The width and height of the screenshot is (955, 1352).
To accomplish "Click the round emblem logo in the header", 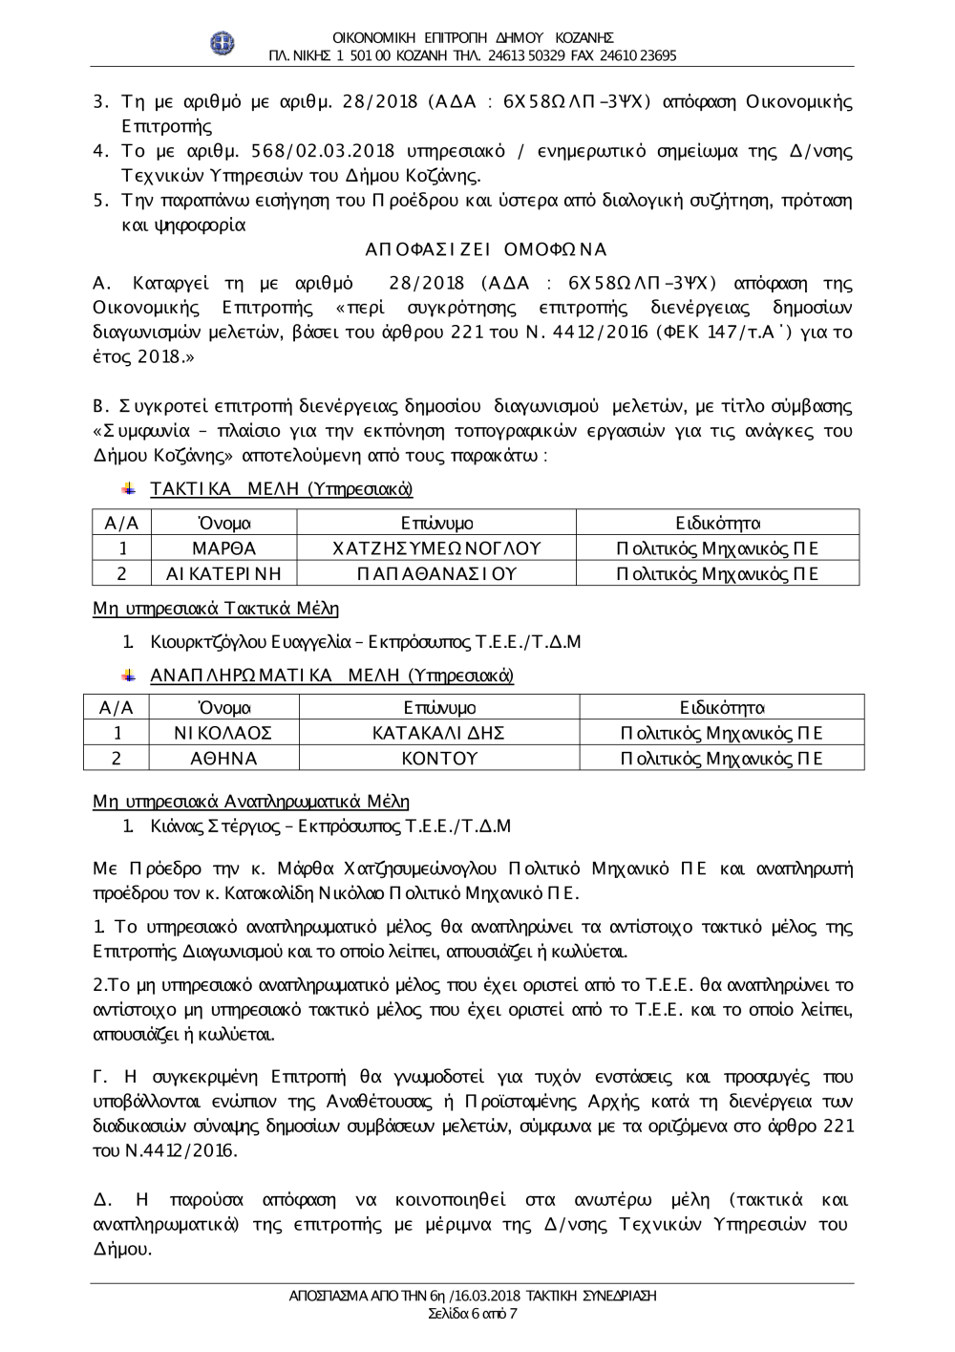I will point(222,43).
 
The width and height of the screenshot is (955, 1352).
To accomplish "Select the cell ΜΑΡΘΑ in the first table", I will point(223,548).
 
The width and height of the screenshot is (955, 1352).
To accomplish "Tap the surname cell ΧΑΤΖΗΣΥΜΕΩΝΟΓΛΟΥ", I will point(435,548).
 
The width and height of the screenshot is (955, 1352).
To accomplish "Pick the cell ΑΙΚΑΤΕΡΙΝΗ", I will point(223,573).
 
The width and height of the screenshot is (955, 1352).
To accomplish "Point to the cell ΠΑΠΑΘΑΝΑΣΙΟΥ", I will point(435,573).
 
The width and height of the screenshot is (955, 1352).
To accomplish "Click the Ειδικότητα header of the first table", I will point(717,523).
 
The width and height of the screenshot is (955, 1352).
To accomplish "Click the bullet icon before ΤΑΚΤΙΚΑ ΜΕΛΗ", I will point(128,489).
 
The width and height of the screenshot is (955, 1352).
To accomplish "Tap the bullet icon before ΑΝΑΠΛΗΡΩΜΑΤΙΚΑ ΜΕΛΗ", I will point(128,676).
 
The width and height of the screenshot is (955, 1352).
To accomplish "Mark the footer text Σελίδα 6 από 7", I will point(473,1313).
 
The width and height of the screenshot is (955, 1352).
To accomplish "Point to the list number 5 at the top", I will point(98,201).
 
